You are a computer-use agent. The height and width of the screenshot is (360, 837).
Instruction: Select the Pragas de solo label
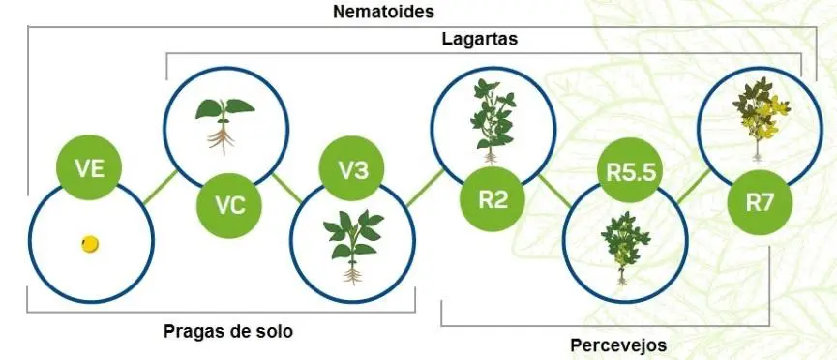point(228,331)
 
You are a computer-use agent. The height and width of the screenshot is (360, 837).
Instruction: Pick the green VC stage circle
point(230,204)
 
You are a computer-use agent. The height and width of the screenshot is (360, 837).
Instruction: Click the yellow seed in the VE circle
point(90,244)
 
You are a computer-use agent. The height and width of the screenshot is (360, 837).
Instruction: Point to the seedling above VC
point(221,121)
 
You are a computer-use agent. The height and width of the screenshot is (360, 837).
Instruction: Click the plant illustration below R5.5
point(625,246)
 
